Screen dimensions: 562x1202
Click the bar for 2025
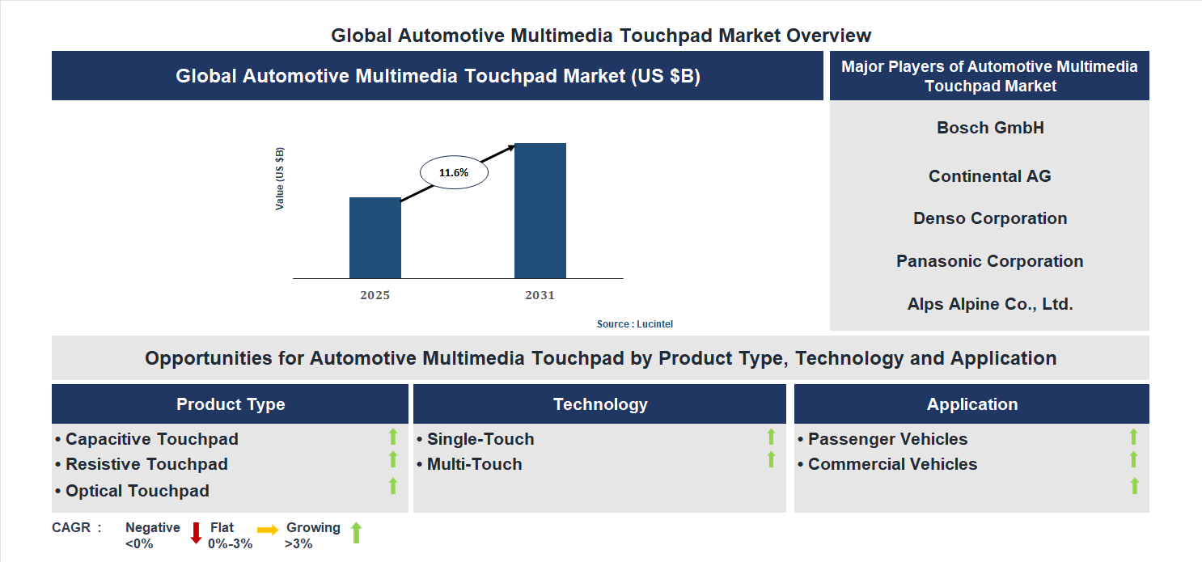(375, 238)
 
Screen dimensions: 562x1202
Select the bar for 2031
(540, 211)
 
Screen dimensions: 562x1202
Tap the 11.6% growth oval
(454, 172)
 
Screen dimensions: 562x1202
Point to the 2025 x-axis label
(375, 295)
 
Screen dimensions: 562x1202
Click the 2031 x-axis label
(540, 295)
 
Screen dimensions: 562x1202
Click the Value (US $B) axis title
(280, 179)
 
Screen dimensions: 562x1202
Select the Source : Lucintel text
(634, 324)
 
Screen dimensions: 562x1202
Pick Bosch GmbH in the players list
(990, 128)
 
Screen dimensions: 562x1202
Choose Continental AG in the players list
(989, 176)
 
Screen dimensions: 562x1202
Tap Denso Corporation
(989, 218)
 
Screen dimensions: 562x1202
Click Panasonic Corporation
(989, 261)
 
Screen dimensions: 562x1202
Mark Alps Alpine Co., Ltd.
(989, 304)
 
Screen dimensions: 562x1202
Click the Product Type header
(231, 404)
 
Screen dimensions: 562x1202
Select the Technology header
(600, 404)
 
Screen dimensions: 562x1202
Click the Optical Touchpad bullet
(133, 491)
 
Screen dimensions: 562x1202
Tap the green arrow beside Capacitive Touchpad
(393, 437)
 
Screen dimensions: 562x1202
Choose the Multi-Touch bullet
(469, 464)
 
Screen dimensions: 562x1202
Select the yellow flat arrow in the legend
(268, 530)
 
